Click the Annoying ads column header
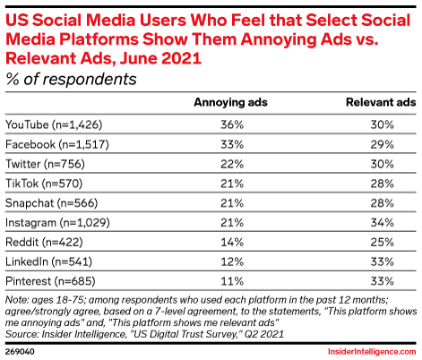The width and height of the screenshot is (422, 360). pyautogui.click(x=230, y=102)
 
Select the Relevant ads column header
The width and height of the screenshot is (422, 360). pyautogui.click(x=381, y=102)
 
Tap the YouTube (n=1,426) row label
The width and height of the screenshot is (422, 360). pyautogui.click(x=54, y=124)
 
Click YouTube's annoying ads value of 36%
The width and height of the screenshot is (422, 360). pyautogui.click(x=232, y=124)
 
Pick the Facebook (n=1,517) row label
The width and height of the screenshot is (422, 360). pyautogui.click(x=57, y=144)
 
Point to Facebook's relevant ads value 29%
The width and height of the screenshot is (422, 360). pyautogui.click(x=383, y=144)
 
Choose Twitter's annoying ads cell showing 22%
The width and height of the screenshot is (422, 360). pyautogui.click(x=232, y=164)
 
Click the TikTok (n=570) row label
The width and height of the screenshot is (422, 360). pyautogui.click(x=44, y=184)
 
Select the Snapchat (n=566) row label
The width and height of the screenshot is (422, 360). pyautogui.click(x=52, y=203)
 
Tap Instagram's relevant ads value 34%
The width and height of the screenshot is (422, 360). pyautogui.click(x=383, y=222)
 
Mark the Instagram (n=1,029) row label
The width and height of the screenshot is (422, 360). pyautogui.click(x=57, y=223)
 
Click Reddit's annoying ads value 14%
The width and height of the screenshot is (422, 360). pyautogui.click(x=232, y=242)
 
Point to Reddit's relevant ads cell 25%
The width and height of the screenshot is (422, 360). pyautogui.click(x=383, y=242)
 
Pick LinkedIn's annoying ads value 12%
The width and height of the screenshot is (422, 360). pyautogui.click(x=232, y=261)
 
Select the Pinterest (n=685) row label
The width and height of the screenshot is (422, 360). pyautogui.click(x=50, y=281)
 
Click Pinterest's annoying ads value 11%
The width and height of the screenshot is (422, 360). pyautogui.click(x=232, y=281)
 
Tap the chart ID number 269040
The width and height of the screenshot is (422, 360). pyautogui.click(x=20, y=351)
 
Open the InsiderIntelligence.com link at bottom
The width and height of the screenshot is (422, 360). pyautogui.click(x=372, y=352)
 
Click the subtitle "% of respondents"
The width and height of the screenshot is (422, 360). pyautogui.click(x=71, y=80)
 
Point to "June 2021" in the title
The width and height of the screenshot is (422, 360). pyautogui.click(x=160, y=58)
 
